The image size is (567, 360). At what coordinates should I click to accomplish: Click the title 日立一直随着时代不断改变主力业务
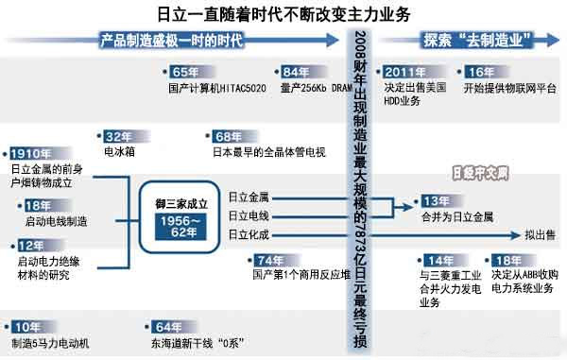pyautogui.click(x=283, y=14)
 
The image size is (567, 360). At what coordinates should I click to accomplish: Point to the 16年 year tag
pyautogui.click(x=481, y=73)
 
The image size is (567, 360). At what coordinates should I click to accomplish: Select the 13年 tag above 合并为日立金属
pyautogui.click(x=435, y=200)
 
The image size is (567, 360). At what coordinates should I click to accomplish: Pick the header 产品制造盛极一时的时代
pyautogui.click(x=172, y=40)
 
